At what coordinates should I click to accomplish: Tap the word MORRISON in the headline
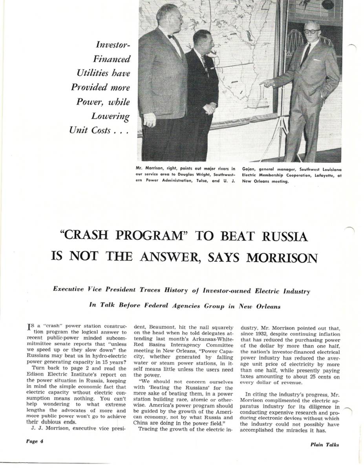[281, 257]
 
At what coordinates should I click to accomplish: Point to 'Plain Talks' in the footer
[324, 445]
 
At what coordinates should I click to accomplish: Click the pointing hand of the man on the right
[266, 83]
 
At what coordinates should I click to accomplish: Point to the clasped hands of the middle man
[210, 108]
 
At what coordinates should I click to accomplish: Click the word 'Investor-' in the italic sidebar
[113, 44]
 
